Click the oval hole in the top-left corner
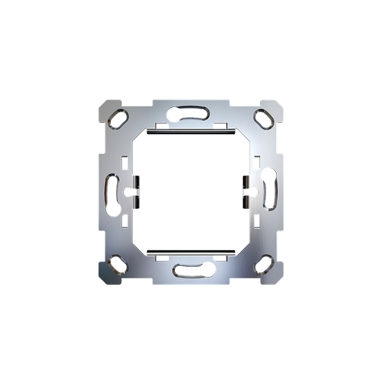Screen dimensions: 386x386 click(118, 118)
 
